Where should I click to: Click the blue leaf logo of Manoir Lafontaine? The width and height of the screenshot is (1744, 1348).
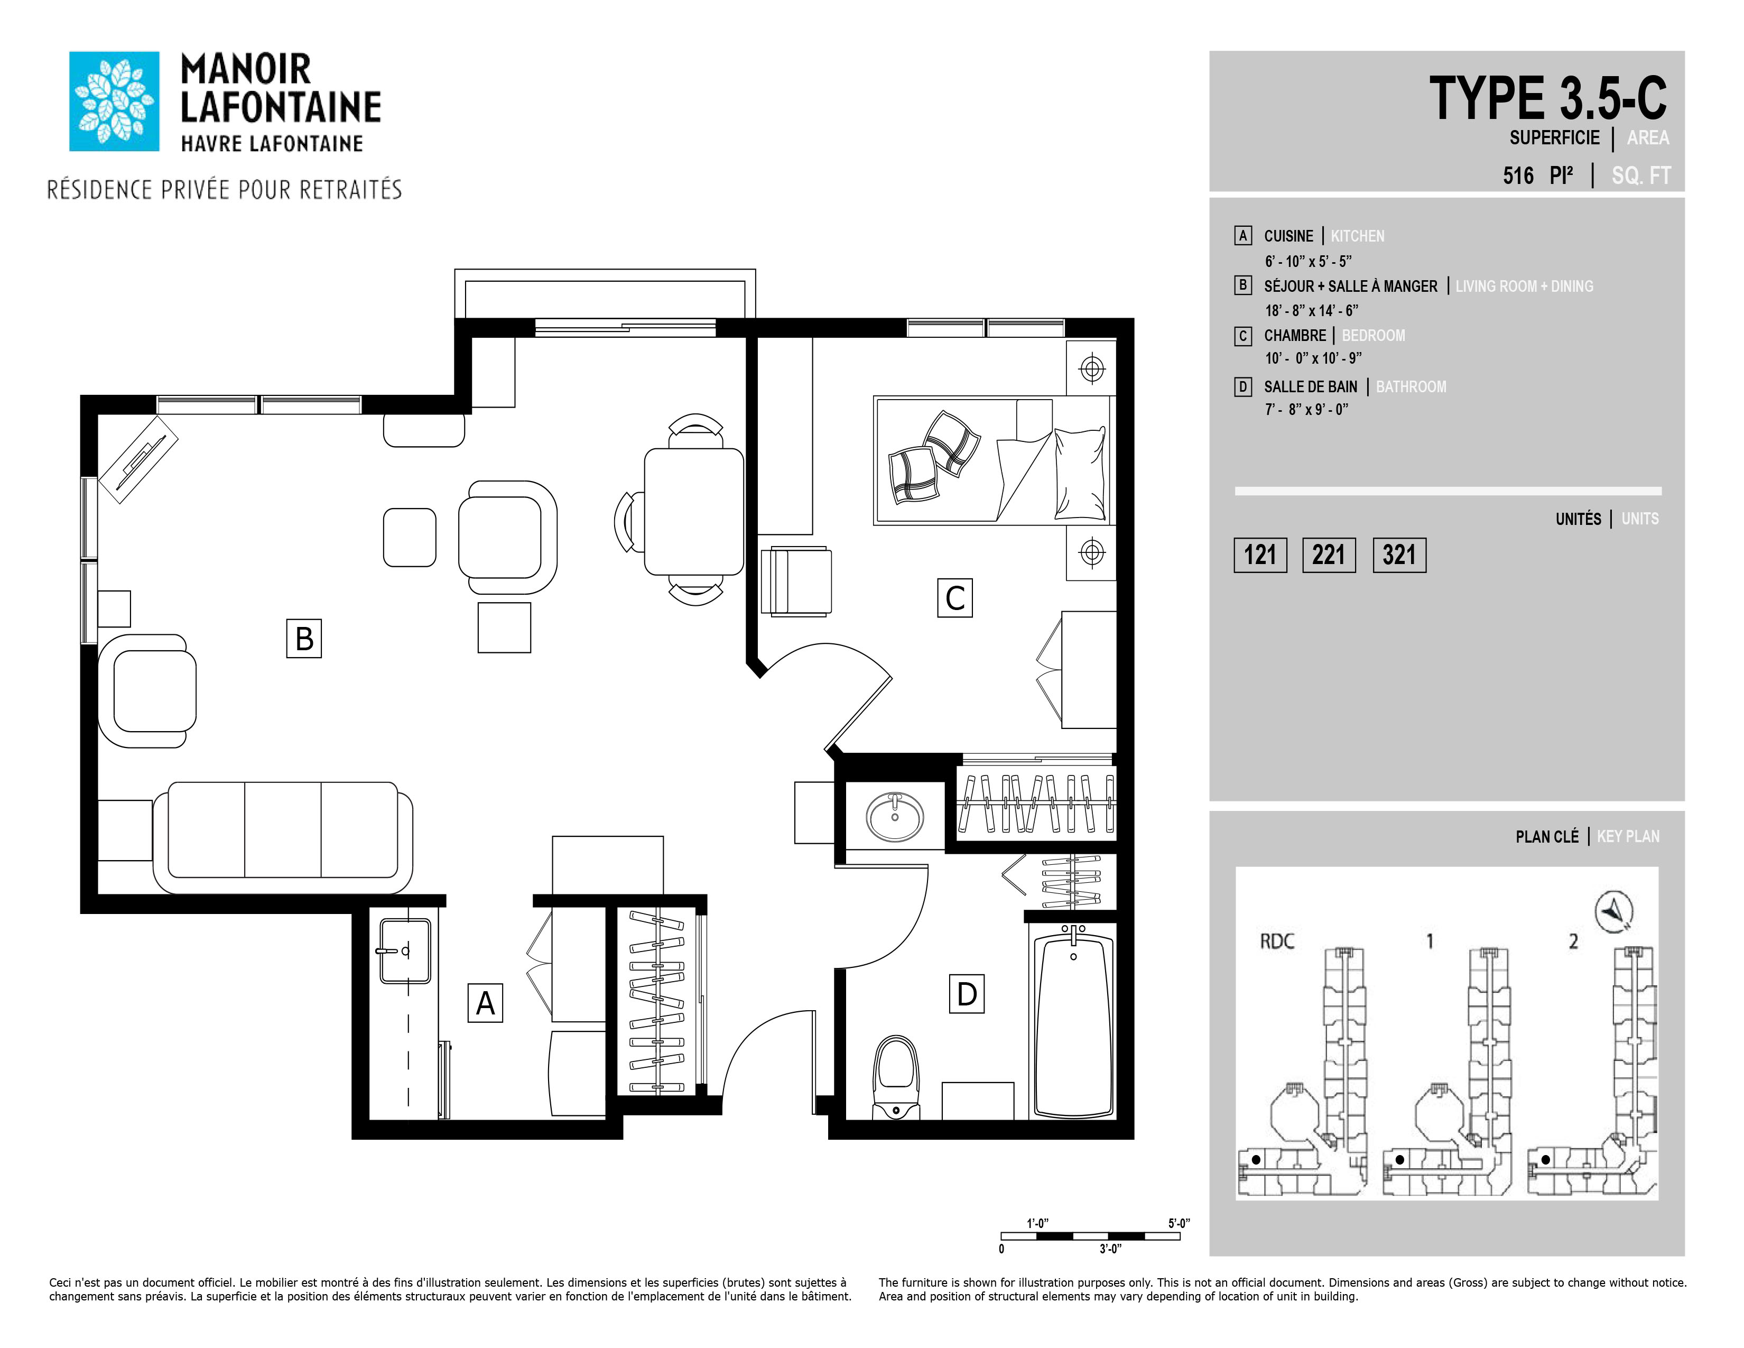coord(114,101)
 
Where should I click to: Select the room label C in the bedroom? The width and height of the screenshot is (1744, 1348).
coord(955,598)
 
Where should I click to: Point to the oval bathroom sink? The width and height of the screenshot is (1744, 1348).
coord(895,817)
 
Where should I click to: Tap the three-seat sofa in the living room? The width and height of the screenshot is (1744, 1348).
coord(283,837)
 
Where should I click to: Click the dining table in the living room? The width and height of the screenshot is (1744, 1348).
coord(694,512)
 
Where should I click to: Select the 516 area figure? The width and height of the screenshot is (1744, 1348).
coord(1518,176)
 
